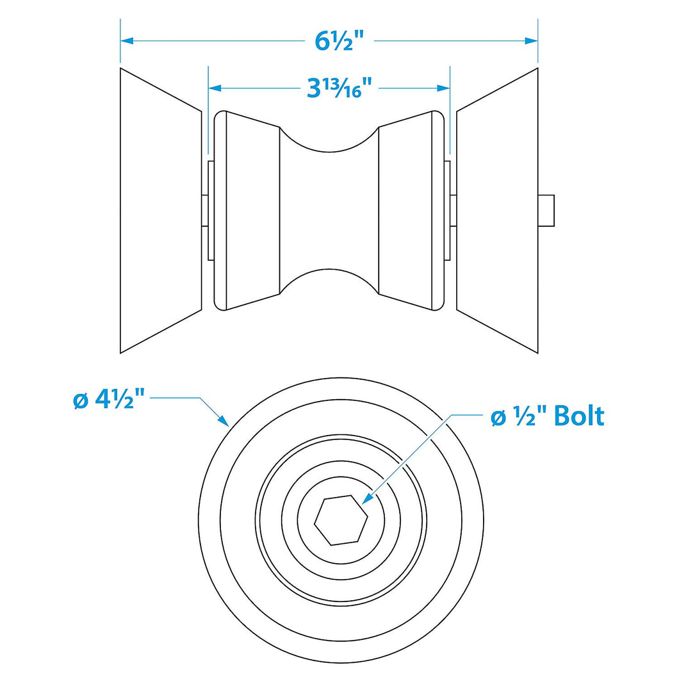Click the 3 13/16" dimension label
pos(339,88)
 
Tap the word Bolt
pos(579,416)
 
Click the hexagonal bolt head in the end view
pos(341,519)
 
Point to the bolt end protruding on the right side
pos(546,211)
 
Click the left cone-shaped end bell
pos(161,211)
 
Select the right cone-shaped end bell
pos(497,211)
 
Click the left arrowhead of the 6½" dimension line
pos(127,41)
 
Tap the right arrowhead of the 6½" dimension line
pos(531,41)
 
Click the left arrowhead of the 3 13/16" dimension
pos(215,88)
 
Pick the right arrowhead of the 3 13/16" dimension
pos(443,88)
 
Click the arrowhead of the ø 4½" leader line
pos(223,420)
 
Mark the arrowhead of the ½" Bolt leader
pos(367,498)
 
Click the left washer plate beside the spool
pos(211,211)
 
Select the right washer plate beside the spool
pos(447,211)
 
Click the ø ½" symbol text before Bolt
pos(519,416)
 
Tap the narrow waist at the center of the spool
pos(329,211)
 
